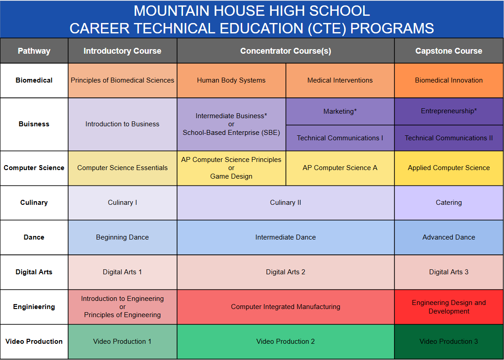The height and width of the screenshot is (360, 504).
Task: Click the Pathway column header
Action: [x=34, y=51]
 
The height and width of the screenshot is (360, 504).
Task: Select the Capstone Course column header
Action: [x=449, y=51]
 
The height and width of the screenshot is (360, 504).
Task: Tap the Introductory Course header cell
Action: [x=122, y=51]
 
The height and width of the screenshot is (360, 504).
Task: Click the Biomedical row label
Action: [x=34, y=80]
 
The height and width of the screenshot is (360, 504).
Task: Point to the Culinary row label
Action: [x=34, y=203]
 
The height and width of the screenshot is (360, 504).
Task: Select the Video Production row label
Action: [x=34, y=342]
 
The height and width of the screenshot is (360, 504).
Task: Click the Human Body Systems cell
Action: [x=231, y=80]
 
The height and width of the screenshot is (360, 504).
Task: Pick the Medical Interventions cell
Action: [x=340, y=80]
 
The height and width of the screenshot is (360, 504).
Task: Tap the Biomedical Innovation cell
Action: [x=449, y=80]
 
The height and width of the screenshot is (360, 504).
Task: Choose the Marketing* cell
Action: [x=340, y=111]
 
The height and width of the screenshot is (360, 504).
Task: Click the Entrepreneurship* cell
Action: [x=449, y=111]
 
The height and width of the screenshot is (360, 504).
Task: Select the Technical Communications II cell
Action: [x=449, y=138]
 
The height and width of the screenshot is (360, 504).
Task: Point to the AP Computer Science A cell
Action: [x=340, y=168]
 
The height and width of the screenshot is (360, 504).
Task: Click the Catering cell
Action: [x=449, y=203]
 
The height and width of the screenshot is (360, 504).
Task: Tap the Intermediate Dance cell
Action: [x=285, y=237]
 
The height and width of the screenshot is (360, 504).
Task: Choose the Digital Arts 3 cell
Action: [x=449, y=272]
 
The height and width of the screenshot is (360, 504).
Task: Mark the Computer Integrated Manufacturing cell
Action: [x=285, y=307]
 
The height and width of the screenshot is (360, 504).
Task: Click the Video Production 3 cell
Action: [x=449, y=342]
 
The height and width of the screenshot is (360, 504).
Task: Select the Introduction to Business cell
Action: [x=122, y=124]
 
